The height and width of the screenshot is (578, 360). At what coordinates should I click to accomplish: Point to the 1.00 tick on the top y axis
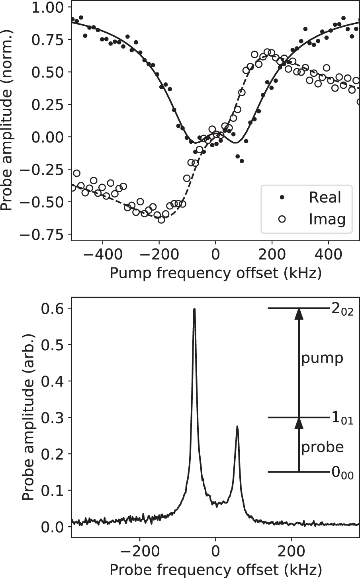coord(47,7)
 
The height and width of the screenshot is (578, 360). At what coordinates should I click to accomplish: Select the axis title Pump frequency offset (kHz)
coord(215,273)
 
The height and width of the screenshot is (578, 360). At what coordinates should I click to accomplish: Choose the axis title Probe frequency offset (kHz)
coord(215,568)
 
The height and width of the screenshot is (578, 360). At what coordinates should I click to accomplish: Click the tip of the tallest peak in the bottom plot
coord(194,309)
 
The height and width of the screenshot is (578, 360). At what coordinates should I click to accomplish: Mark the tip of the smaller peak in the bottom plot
coord(237,426)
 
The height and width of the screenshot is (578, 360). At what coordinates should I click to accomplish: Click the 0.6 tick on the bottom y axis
coord(56,308)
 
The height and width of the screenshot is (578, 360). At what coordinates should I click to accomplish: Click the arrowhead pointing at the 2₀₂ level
coord(299,313)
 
